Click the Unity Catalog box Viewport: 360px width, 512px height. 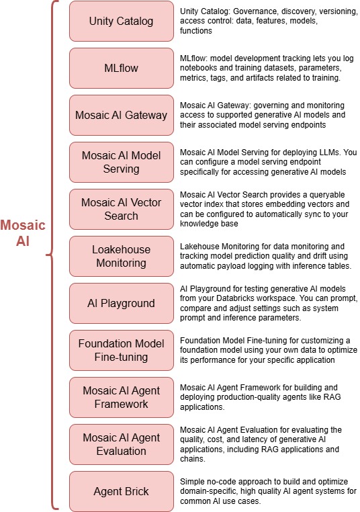pos(121,21)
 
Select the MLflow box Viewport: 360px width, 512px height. pos(121,68)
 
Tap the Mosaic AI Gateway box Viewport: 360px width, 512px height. pos(121,115)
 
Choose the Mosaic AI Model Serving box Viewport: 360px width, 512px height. pos(121,162)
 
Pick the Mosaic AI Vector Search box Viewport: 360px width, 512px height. pos(121,209)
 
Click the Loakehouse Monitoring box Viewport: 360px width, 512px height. pos(121,256)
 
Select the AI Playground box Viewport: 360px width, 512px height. pos(121,303)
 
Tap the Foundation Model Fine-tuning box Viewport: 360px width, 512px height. pos(121,350)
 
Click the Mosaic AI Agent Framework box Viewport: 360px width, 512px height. pos(121,397)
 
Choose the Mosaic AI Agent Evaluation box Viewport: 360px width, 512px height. pos(121,444)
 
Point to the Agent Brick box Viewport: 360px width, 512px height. pos(121,491)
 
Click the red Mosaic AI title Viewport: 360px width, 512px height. pos(24,232)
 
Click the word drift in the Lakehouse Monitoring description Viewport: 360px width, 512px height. pos(302,257)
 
